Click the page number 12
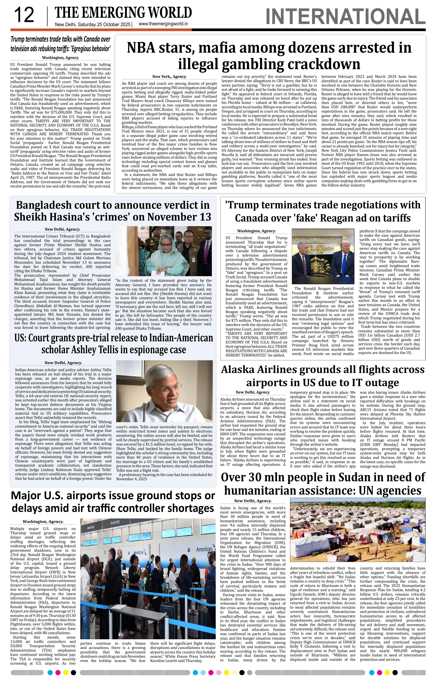[x=24, y=15]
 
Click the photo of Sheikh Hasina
[x=163, y=251]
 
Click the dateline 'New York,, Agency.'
[x=169, y=77]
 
